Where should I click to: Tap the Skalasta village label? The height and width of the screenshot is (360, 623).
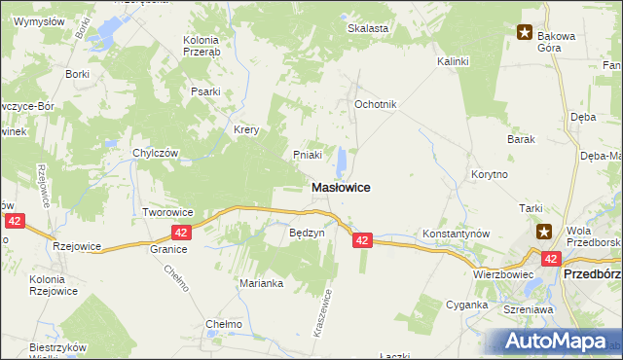[369, 28]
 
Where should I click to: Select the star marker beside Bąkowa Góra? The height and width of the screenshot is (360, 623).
[526, 33]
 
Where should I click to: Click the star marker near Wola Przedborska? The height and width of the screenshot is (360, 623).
[545, 232]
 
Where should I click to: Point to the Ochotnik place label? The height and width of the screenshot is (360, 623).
[376, 104]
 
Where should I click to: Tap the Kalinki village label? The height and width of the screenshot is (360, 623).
[453, 61]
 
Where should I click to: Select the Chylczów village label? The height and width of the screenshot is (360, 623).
[155, 153]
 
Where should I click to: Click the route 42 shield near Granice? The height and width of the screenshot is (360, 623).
[181, 233]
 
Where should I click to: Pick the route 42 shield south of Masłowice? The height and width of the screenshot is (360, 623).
[362, 239]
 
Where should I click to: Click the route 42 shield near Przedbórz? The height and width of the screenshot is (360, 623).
[551, 259]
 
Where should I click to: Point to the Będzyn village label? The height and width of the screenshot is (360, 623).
[307, 234]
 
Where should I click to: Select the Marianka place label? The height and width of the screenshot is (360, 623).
[261, 283]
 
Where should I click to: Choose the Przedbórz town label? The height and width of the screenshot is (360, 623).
[593, 275]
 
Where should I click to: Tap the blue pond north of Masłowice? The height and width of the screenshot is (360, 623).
[342, 159]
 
